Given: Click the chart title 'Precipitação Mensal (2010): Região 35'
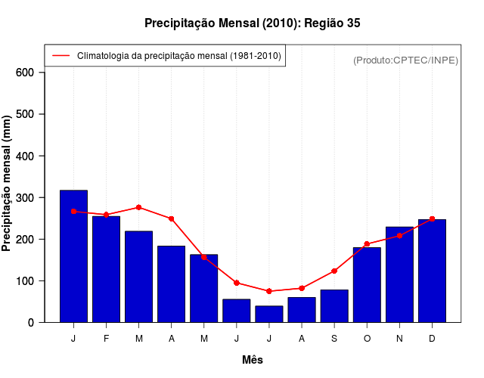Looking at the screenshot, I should point(252,23).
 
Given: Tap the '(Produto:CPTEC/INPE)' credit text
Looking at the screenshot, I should point(405,60).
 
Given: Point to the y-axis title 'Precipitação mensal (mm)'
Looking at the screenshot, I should point(7,184).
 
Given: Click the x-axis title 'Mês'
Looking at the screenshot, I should point(253,360).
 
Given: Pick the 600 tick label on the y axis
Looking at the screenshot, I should point(26,73).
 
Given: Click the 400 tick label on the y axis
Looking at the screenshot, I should point(26,156).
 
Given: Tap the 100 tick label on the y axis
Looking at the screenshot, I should point(26,281).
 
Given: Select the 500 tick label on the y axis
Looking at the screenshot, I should point(26,114).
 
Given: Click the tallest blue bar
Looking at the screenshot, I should point(73,256).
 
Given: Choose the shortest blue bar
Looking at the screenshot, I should point(268,314).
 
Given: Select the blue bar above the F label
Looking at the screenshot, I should point(106,269).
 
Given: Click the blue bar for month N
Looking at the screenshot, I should point(399,274).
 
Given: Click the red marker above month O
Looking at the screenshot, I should point(367,244).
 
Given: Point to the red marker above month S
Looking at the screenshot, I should point(334,271).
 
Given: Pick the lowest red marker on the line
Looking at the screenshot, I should point(268,291).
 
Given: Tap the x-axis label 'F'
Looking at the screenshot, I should point(106,339).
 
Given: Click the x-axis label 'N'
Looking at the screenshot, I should point(399,339).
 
